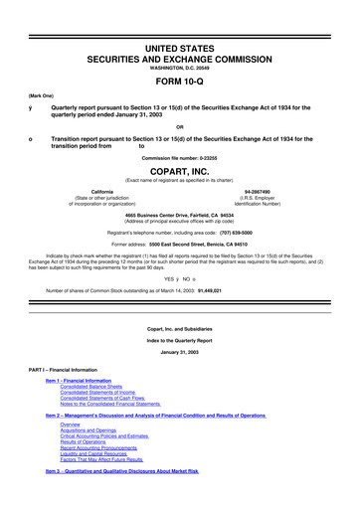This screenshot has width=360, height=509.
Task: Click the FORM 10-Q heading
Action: pos(179,55)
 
